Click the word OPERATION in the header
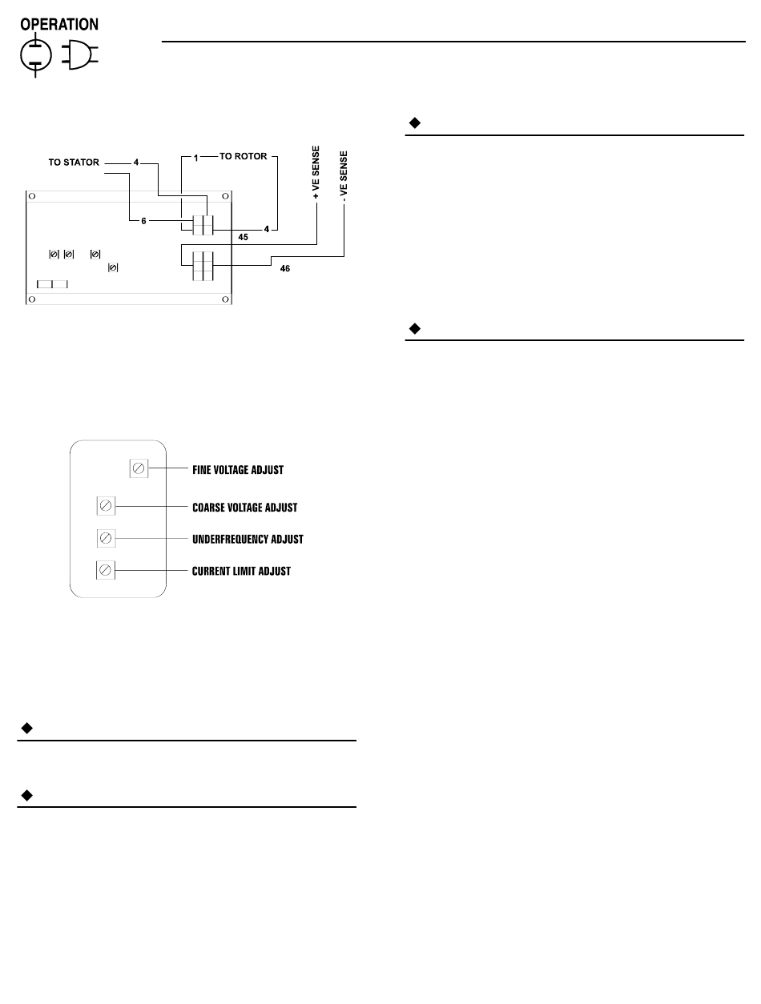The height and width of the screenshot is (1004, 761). coord(59,24)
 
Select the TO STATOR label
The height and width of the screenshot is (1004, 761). coord(74,163)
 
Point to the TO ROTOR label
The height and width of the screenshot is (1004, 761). coord(244,158)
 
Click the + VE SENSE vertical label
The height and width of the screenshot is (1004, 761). coord(316,171)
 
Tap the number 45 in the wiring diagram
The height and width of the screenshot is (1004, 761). coord(243,237)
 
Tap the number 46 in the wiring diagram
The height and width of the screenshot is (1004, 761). coord(285,269)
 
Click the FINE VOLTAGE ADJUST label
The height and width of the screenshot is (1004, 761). coord(238,470)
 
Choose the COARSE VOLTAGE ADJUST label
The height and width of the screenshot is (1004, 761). coord(245,507)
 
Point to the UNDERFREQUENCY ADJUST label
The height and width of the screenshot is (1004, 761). coord(248,539)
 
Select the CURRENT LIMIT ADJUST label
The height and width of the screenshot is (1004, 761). coord(241,571)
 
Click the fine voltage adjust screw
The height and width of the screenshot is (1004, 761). coord(138,468)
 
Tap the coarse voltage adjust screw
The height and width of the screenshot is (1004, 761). coord(105,506)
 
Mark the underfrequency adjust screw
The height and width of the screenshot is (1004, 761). coord(105,537)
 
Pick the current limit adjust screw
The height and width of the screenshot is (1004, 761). coord(105,570)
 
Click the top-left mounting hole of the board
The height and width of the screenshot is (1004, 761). coord(30,195)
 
